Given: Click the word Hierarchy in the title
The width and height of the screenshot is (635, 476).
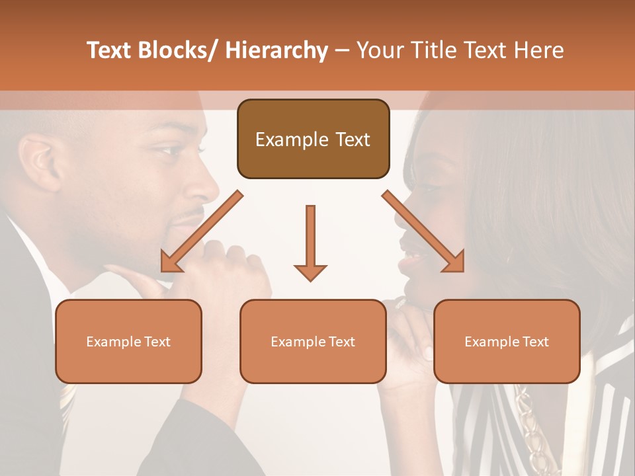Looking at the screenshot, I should [x=276, y=50].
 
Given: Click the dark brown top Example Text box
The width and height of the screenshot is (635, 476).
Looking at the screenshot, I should [x=313, y=139].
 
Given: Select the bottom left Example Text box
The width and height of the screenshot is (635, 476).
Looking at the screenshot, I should [x=128, y=341].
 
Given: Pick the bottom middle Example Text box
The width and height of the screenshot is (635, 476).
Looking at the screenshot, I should [x=313, y=341].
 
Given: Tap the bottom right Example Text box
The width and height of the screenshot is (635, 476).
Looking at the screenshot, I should [x=507, y=341].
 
